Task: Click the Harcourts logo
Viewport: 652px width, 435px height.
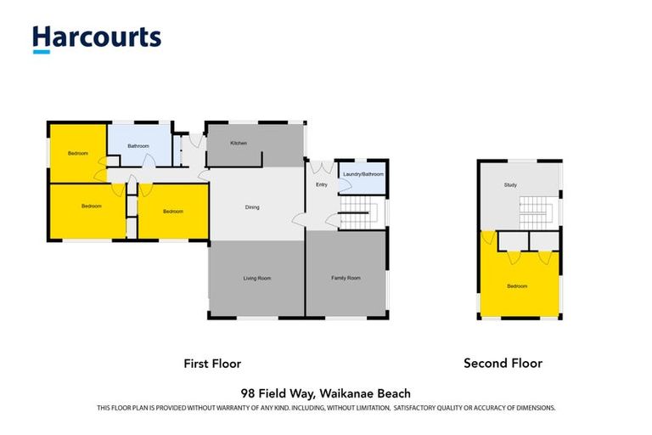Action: pos(96,38)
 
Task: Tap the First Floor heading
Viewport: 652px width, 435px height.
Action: pos(212,363)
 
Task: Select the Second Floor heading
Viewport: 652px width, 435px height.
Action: pos(503,363)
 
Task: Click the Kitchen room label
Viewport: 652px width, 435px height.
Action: pos(239,143)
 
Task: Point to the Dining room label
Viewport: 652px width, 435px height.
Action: pos(252,207)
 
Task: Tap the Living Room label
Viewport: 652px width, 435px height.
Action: pos(256,278)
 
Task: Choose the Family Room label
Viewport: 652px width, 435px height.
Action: pos(346,278)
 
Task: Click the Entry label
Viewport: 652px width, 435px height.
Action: pos(321,184)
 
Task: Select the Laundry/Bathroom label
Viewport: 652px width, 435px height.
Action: pos(363,174)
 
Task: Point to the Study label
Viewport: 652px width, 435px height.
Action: pos(510,184)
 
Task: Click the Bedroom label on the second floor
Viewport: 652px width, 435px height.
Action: pos(517,286)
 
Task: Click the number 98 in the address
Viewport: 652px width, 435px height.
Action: pos(248,393)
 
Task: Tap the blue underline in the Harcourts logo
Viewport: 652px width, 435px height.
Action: pos(41,52)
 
